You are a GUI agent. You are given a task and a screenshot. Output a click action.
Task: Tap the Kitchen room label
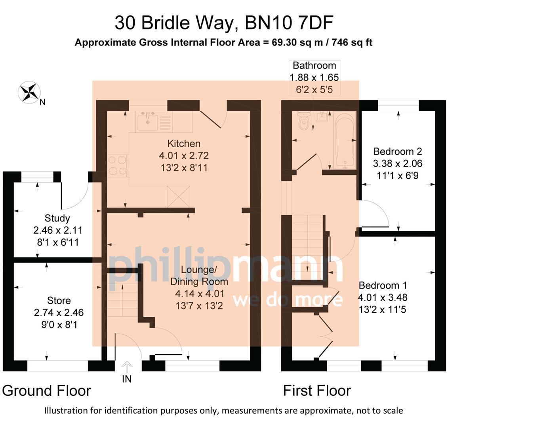click(x=184, y=144)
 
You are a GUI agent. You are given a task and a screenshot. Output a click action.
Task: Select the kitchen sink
click(x=148, y=121)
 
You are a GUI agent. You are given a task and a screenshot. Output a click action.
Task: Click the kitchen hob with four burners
click(x=118, y=165)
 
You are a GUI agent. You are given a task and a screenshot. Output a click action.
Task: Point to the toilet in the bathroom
click(x=304, y=121)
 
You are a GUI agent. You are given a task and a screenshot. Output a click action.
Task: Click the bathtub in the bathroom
click(x=345, y=140)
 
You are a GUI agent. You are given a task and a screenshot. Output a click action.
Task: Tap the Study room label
click(x=57, y=218)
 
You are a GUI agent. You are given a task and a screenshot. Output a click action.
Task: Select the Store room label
click(x=59, y=300)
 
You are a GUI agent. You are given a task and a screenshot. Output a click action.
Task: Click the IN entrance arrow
click(x=127, y=367)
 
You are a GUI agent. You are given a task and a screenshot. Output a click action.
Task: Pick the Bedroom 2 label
click(x=397, y=151)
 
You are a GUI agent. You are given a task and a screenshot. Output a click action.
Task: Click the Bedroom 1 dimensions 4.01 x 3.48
click(x=382, y=297)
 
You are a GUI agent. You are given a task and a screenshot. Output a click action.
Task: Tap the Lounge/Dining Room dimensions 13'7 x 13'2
click(x=200, y=306)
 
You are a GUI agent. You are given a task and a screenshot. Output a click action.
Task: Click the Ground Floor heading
click(x=47, y=391)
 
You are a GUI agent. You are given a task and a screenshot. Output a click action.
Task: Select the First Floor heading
click(x=316, y=391)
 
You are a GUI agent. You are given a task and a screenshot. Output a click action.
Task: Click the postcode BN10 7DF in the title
click(x=289, y=23)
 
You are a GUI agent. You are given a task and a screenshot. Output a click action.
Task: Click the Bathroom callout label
click(x=314, y=66)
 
